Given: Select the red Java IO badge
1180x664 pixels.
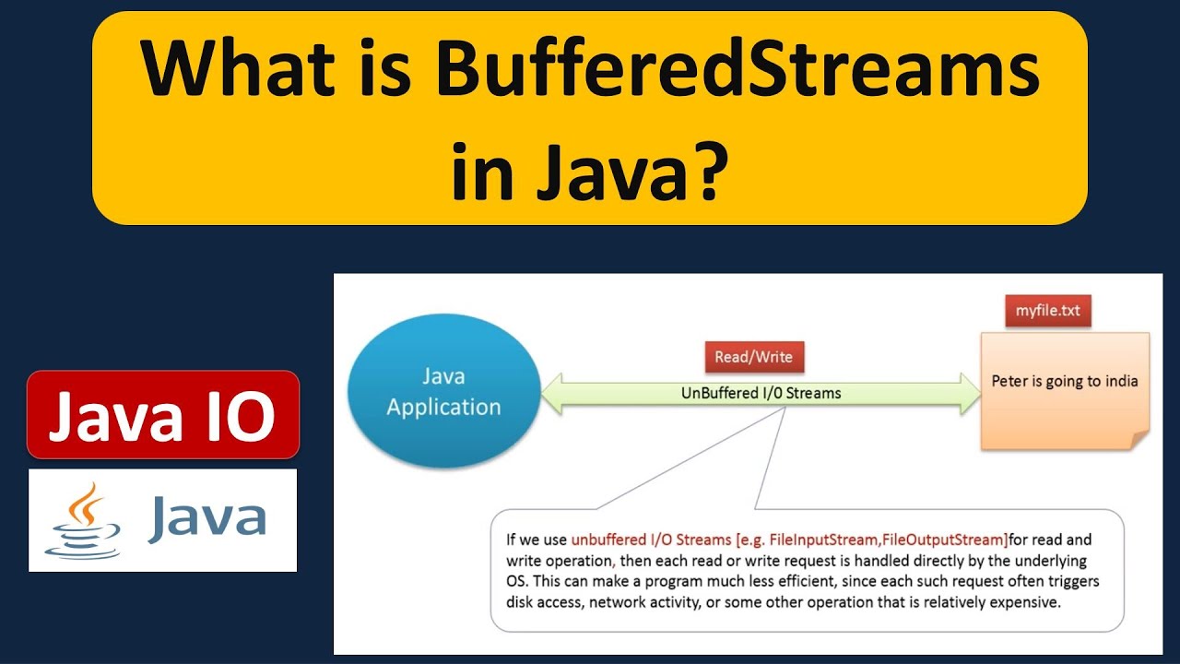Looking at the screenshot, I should (162, 415).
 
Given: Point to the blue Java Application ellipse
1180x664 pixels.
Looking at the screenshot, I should (443, 391).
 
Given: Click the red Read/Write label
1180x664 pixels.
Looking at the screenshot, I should (753, 357).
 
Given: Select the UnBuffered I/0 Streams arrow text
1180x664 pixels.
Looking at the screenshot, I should (761, 393).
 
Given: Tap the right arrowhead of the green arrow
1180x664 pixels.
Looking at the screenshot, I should (969, 393).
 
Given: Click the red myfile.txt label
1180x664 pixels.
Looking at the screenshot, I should (1047, 311).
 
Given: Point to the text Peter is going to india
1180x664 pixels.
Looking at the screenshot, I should (1064, 381).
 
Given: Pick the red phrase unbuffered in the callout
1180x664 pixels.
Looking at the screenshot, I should (609, 539).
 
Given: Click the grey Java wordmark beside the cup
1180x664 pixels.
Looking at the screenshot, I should (207, 519).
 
